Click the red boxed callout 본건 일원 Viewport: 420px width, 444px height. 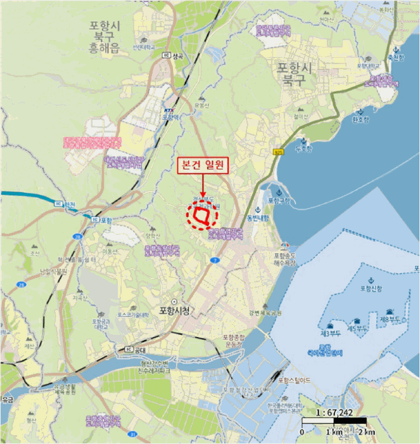pyautogui.click(x=202, y=166)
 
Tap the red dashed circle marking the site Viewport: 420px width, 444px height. pyautogui.click(x=202, y=216)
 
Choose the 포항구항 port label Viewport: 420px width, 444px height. pyautogui.click(x=279, y=200)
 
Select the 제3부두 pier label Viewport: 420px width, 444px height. pyautogui.click(x=331, y=333)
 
